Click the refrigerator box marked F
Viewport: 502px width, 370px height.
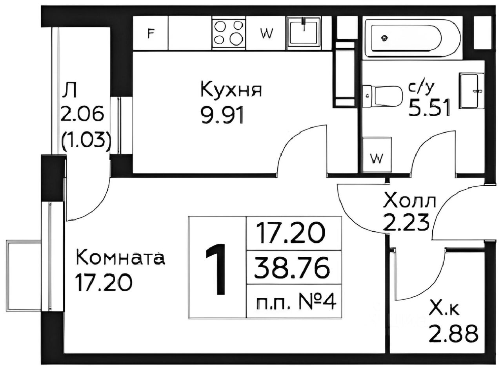tap(150, 33)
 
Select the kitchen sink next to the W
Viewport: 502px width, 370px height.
tap(303, 31)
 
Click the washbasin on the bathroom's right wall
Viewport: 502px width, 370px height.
tap(471, 91)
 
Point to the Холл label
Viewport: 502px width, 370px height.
tap(409, 202)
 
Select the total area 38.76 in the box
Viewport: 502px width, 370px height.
tap(291, 269)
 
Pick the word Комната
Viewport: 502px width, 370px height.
tap(120, 258)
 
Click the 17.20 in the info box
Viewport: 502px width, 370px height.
tap(291, 233)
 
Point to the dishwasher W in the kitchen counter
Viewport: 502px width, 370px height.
tap(267, 33)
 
